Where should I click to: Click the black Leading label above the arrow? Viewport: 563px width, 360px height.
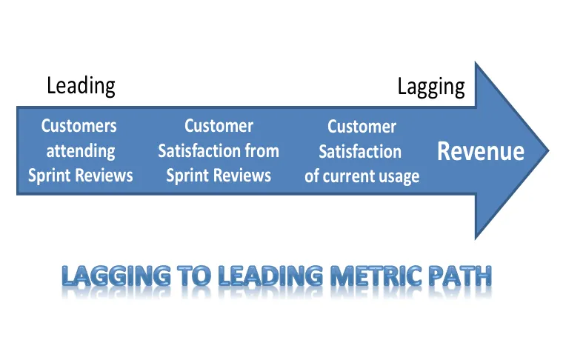pos(81,86)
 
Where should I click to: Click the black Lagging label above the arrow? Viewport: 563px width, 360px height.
pos(431,87)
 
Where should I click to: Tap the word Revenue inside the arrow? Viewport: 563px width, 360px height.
pos(481,151)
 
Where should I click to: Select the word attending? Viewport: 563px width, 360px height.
pos(81,151)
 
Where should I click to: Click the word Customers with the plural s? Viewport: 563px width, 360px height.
pos(79,126)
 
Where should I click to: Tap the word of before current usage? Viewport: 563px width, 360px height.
pos(312,176)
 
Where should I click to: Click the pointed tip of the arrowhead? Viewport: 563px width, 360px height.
pos(549,151)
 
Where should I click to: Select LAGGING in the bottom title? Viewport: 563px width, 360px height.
pos(116,276)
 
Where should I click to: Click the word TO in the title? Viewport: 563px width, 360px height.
pos(194,276)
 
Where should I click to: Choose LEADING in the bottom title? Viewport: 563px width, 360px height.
pos(270,276)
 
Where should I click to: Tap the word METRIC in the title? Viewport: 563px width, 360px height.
pos(376,276)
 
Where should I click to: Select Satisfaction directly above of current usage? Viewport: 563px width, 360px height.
pos(360,151)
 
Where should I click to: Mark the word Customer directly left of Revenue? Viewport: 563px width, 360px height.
pos(362,127)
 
